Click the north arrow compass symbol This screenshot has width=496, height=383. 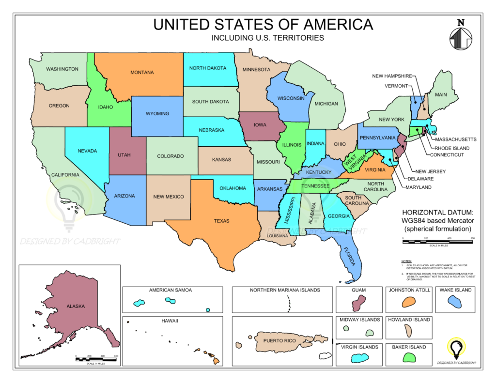461,36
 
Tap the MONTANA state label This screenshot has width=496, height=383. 142,73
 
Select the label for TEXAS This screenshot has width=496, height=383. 222,221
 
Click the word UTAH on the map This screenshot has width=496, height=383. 124,155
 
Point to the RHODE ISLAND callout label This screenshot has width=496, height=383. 452,148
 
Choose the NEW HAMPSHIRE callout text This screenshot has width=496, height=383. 392,76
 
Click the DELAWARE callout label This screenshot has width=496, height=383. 420,179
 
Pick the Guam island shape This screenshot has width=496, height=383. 358,304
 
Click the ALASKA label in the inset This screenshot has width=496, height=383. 76,306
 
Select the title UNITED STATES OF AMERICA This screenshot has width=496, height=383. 263,25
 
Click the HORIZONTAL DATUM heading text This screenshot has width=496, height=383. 437,212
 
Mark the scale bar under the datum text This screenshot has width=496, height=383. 437,240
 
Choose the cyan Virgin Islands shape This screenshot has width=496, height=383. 360,358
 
